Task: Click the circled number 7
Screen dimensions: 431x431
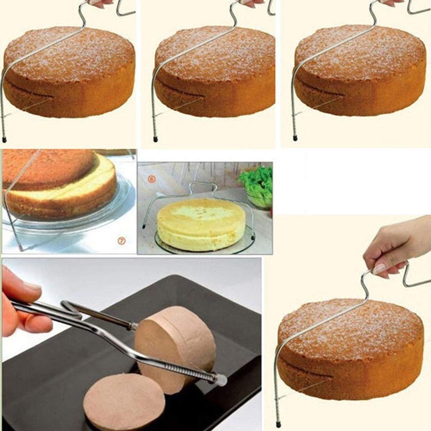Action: (x=122, y=241)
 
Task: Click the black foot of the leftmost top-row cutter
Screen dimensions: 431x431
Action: (x=5, y=140)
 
